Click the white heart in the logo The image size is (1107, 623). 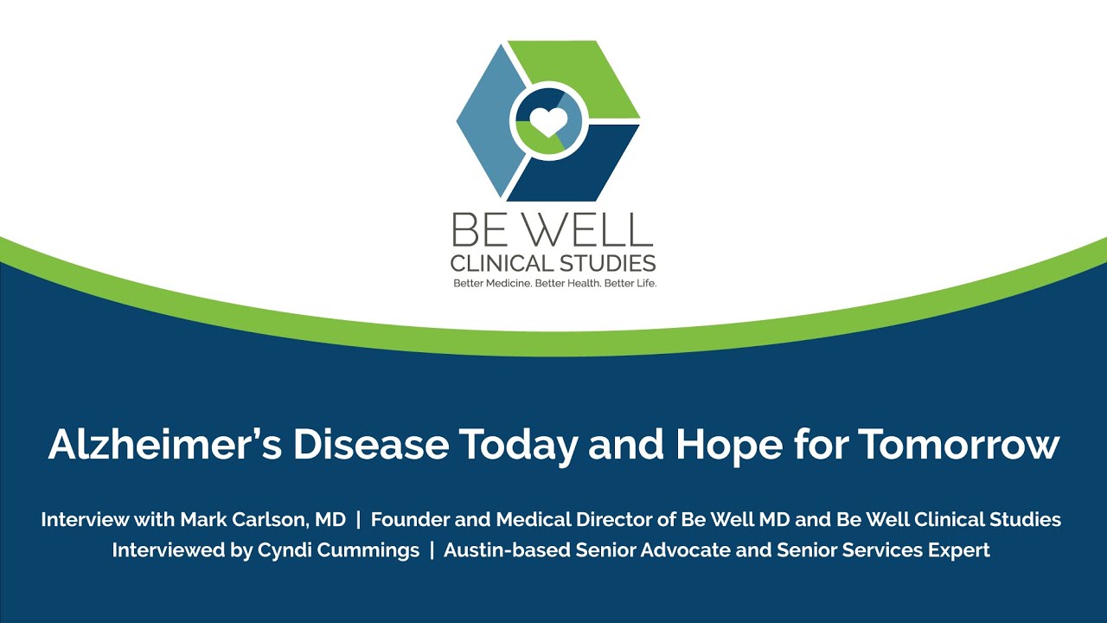pyautogui.click(x=548, y=121)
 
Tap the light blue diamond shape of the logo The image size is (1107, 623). pyautogui.click(x=487, y=120)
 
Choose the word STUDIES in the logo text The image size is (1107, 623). pyautogui.click(x=609, y=262)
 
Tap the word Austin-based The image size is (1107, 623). pyautogui.click(x=501, y=550)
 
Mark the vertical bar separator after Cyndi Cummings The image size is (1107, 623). pyautogui.click(x=432, y=550)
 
